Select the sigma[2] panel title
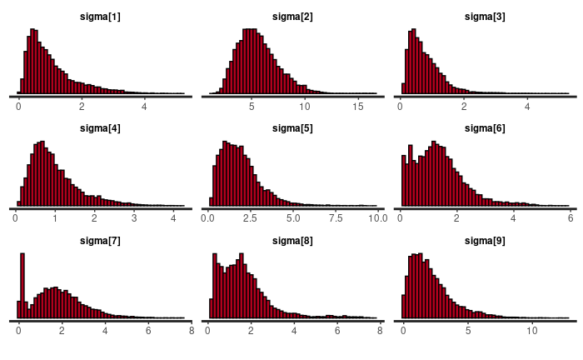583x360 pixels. [x=293, y=17]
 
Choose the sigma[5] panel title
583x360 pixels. [x=293, y=128]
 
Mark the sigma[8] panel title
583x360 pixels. [x=293, y=240]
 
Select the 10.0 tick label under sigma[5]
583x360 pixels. [x=376, y=218]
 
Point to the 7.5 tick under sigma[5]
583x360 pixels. [x=335, y=218]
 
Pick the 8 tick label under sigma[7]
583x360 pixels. [x=191, y=330]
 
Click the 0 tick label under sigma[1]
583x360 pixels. [x=18, y=107]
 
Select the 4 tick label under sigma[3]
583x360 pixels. [x=528, y=107]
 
